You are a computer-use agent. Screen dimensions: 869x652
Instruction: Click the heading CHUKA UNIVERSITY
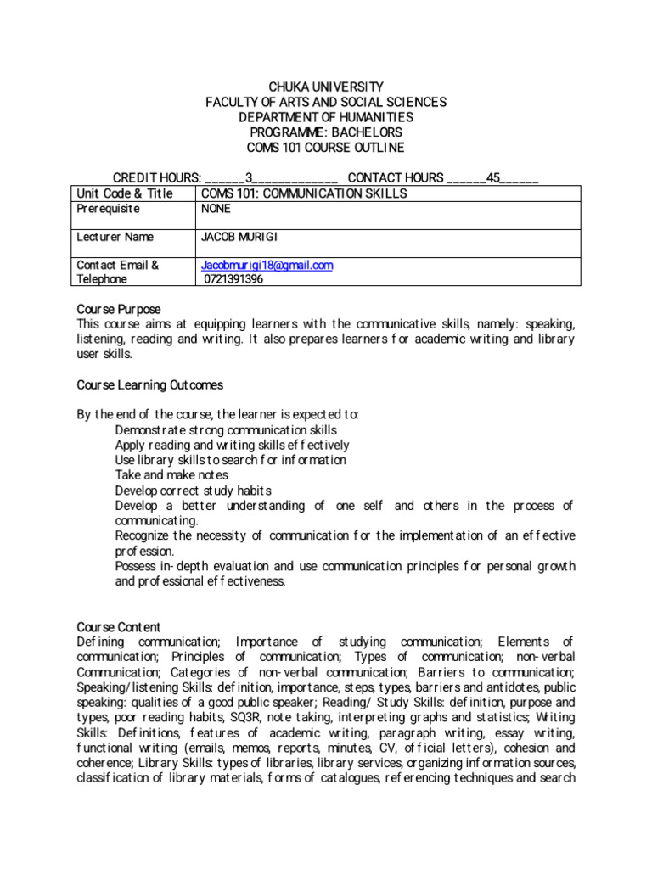(326, 87)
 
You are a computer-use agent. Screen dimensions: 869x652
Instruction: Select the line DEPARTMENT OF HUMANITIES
(326, 117)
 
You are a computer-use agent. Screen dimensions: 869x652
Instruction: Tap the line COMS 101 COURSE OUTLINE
(326, 148)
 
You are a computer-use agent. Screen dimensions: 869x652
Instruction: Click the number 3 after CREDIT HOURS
(249, 177)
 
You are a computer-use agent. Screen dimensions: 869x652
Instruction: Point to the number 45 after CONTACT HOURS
(492, 177)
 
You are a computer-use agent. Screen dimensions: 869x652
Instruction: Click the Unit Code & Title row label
(125, 193)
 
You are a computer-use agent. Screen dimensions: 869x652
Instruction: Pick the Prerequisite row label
(109, 209)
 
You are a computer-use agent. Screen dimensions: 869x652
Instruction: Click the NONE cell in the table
(216, 209)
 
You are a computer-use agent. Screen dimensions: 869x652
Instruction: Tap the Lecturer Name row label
(115, 237)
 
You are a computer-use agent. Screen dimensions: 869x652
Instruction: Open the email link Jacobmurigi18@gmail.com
(267, 265)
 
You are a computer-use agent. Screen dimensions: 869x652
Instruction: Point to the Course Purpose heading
(119, 309)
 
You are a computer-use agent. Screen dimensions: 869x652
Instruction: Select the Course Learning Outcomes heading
(150, 385)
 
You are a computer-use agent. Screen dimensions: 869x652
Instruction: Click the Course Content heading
(119, 627)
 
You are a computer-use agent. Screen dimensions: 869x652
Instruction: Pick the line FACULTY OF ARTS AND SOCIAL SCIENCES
(326, 102)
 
